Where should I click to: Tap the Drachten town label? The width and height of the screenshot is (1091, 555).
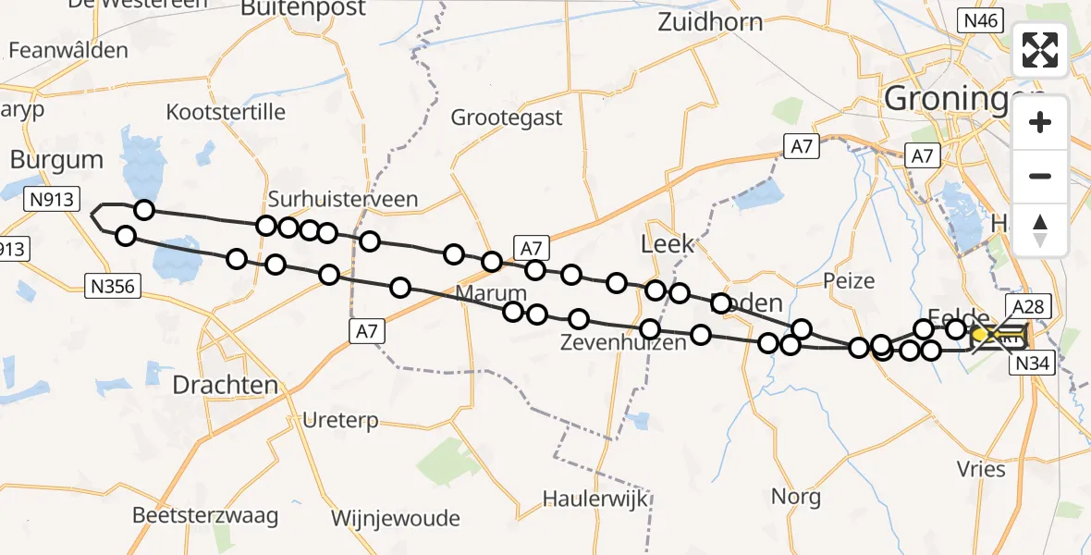(x=226, y=385)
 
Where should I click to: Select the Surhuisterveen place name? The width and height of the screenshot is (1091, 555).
(x=343, y=199)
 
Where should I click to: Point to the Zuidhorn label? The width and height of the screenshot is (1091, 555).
(x=710, y=22)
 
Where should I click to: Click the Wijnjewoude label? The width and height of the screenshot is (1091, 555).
(x=395, y=518)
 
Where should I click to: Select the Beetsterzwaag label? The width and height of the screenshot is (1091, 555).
(x=204, y=515)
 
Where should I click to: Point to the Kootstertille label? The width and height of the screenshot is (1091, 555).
(x=227, y=112)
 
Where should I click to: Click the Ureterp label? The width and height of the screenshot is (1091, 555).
(x=341, y=421)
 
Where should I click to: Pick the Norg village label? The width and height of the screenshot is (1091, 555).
(x=796, y=497)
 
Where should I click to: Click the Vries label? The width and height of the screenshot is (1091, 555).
(x=982, y=469)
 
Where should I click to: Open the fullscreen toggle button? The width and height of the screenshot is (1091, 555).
(x=1040, y=50)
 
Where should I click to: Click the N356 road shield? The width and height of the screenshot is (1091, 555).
(x=113, y=287)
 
